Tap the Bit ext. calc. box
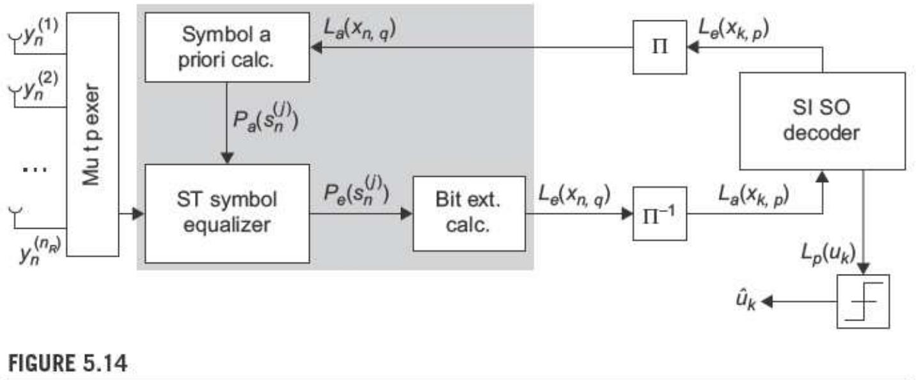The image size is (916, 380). pyautogui.click(x=468, y=213)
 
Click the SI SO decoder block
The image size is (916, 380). pyautogui.click(x=822, y=121)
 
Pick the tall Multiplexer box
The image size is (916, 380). pyautogui.click(x=92, y=134)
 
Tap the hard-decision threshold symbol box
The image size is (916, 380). pyautogui.click(x=862, y=301)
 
